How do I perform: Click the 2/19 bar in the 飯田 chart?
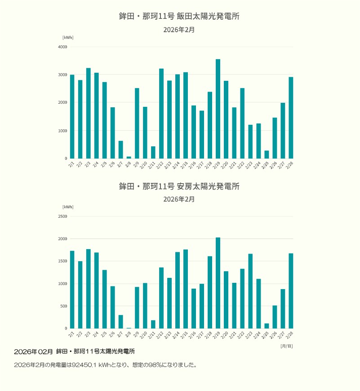click(218, 109)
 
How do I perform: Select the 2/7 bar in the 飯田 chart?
click(121, 149)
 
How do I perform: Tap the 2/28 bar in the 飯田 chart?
click(291, 118)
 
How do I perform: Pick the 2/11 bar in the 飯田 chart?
click(153, 152)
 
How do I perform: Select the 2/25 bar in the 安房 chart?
click(267, 325)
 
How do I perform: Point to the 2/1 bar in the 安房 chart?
click(72, 290)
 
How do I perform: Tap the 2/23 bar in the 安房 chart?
click(250, 291)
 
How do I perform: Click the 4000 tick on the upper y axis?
click(62, 47)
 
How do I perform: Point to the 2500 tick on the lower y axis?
click(62, 216)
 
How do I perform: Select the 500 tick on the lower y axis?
click(63, 306)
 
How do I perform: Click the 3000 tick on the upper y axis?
click(62, 75)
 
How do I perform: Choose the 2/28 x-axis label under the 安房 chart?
click(290, 335)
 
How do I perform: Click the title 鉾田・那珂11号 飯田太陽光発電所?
click(179, 16)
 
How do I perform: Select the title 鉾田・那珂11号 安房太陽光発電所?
click(179, 186)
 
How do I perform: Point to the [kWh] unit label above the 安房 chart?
click(68, 207)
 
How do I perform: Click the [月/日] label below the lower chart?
click(286, 346)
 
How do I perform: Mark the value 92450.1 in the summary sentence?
click(84, 365)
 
